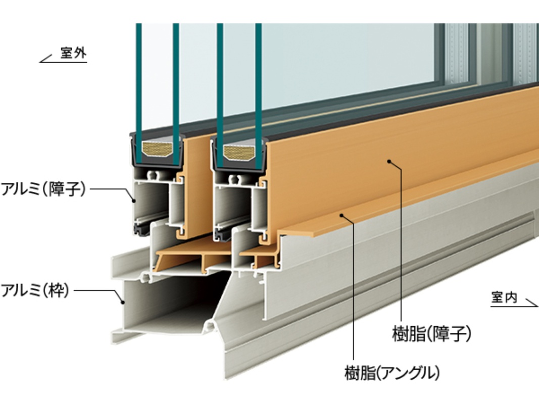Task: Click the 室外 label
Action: pos(73,54)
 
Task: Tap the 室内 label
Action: pos(504,297)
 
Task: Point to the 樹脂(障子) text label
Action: pos(431,334)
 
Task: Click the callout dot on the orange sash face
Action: pos(389,161)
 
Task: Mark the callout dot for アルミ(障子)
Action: pos(134,200)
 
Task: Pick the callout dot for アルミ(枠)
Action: pos(122,302)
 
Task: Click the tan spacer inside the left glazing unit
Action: pos(157,148)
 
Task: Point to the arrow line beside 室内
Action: pos(531,302)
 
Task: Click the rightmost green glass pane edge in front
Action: pos(258,76)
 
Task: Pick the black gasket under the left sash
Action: pos(139,230)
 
